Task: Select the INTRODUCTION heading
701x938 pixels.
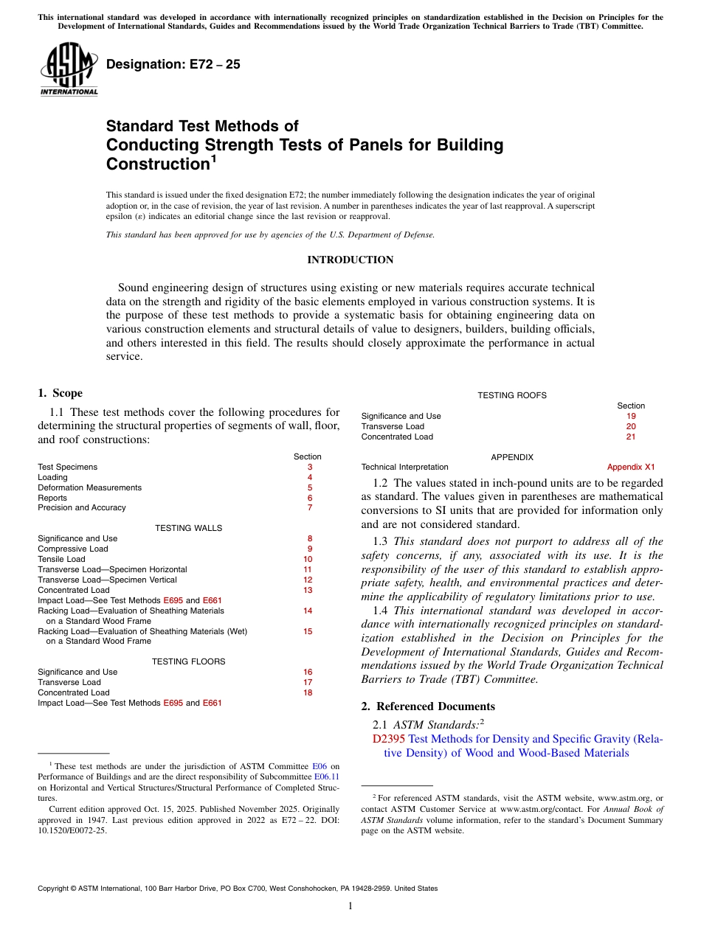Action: point(350,260)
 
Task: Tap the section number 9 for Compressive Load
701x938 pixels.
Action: point(310,549)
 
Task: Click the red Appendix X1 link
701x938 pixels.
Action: point(630,467)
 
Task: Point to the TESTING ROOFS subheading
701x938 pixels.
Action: point(512,395)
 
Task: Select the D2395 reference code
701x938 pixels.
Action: point(389,739)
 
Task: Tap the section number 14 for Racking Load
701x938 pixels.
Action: point(308,611)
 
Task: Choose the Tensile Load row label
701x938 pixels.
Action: point(61,559)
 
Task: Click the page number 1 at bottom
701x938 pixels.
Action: point(350,906)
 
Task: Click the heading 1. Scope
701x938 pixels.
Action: point(60,393)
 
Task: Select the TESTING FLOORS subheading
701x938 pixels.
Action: point(188,661)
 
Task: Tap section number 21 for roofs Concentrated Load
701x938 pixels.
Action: point(631,437)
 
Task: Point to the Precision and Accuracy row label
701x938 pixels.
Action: point(82,507)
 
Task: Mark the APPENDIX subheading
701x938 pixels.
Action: point(512,457)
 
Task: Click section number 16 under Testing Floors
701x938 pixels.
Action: point(308,672)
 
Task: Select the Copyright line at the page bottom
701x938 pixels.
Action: point(238,889)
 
